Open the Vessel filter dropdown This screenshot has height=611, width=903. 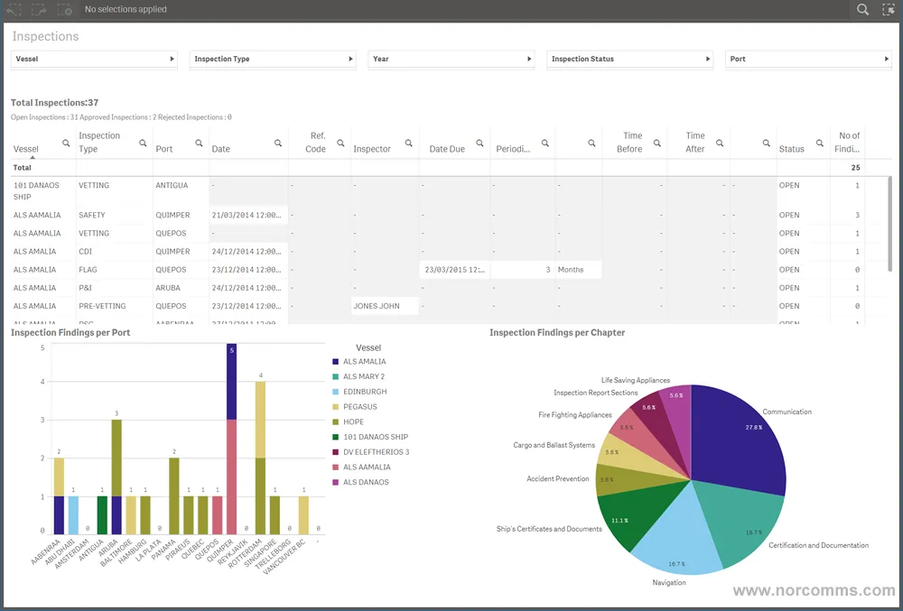point(94,59)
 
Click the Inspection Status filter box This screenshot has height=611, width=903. point(630,59)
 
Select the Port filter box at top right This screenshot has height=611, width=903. point(809,59)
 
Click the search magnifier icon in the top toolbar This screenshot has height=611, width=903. point(862,10)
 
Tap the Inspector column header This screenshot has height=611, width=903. point(372,149)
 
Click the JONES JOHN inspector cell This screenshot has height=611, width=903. point(377,306)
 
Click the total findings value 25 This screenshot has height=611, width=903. point(855,168)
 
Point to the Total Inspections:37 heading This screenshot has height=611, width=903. point(55,103)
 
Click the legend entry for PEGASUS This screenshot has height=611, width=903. point(359,407)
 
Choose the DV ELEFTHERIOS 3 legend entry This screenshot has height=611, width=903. point(376,452)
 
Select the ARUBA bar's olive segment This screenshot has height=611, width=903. point(116,456)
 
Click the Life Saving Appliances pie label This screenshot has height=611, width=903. point(636,381)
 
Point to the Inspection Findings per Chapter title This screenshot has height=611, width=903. point(557,333)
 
